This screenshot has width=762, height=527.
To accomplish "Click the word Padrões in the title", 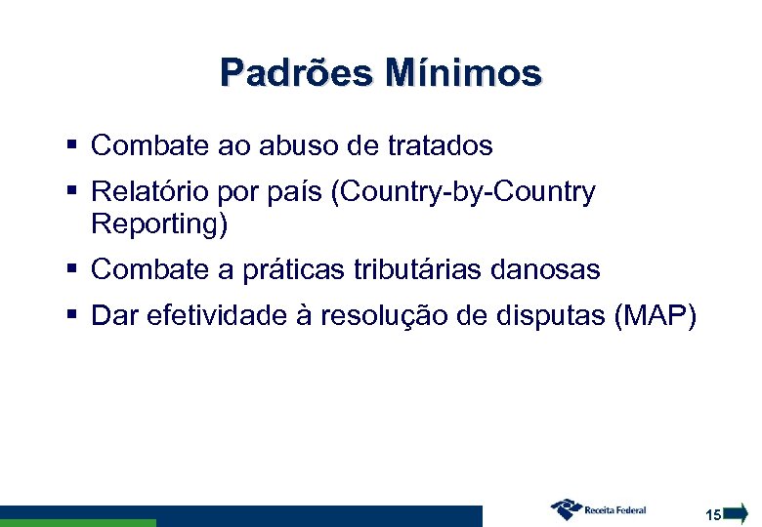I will tap(295, 72).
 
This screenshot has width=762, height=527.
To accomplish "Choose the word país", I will tap(297, 193).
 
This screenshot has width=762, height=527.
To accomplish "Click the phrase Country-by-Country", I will tap(463, 193).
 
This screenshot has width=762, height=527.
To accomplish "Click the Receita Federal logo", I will tap(598, 508).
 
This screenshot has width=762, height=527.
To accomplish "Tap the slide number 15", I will tap(713, 513).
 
